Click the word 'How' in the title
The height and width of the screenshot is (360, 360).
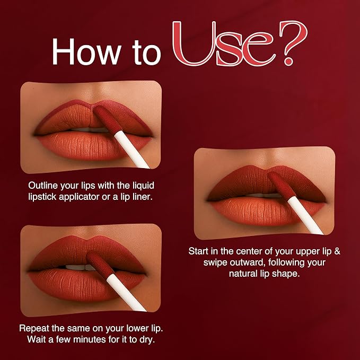[86, 52]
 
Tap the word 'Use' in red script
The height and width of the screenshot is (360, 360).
[224, 43]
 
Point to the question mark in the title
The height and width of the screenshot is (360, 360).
[293, 43]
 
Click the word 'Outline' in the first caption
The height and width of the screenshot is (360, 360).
[43, 186]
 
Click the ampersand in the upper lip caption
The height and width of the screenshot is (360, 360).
[337, 251]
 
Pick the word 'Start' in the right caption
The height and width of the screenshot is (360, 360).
[198, 251]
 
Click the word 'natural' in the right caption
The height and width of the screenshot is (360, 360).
[243, 274]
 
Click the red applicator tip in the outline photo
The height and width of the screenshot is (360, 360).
[107, 119]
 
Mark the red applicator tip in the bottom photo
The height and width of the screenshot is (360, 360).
[101, 265]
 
